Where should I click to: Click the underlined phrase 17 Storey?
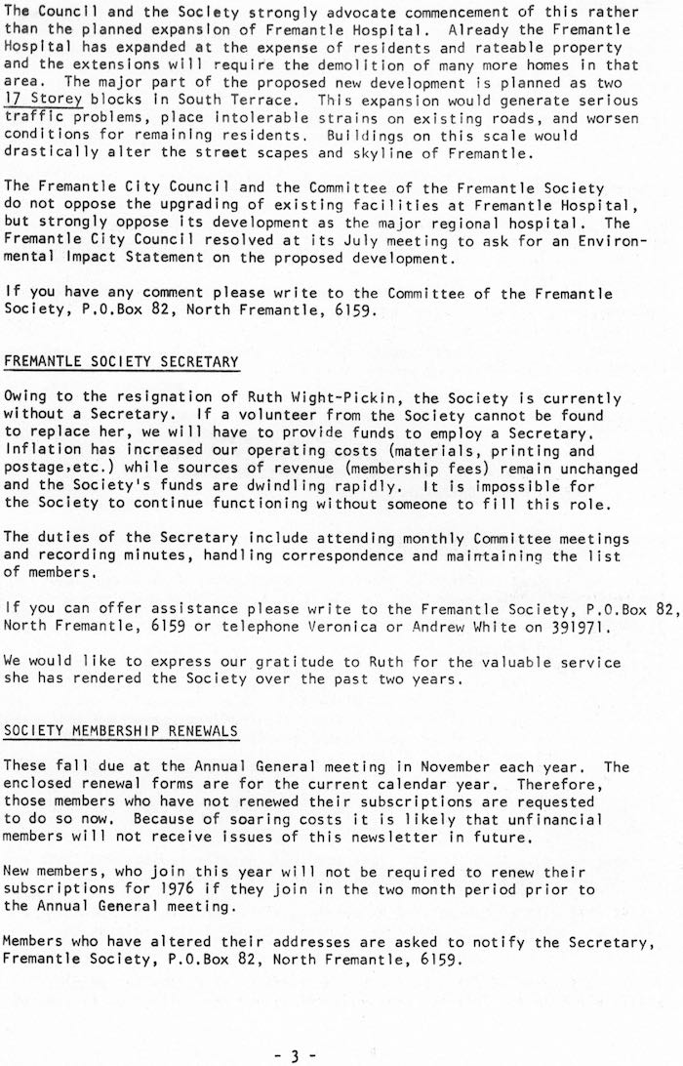point(43,100)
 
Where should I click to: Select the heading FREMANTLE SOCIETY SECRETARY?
point(121,361)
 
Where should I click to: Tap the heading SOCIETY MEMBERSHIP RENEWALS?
point(121,730)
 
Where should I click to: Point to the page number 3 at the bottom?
point(296,1054)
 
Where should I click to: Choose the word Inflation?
point(43,450)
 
